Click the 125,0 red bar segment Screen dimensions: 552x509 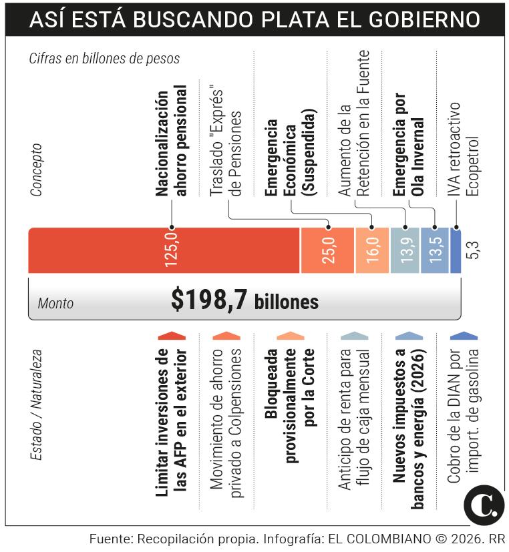164,250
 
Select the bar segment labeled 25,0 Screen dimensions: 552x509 327,250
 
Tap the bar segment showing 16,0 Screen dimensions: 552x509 372,250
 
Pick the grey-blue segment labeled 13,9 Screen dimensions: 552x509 405,250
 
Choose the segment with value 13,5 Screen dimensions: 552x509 435,250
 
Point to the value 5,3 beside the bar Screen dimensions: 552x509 475,250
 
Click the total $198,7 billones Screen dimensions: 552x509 244,301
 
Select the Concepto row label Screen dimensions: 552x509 36,169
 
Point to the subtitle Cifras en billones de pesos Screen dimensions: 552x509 104,59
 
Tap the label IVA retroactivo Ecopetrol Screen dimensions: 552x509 463,149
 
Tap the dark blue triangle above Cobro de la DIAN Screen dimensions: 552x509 464,335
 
